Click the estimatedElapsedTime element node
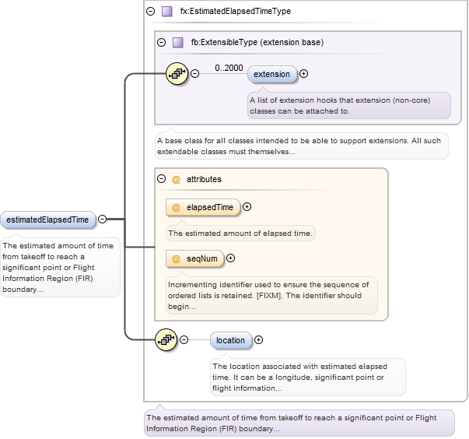[x=47, y=219]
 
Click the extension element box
[x=272, y=74]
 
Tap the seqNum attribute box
[x=194, y=258]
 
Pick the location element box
[x=230, y=340]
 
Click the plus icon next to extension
[x=303, y=74]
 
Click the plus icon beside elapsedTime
[x=247, y=207]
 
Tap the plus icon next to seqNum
[x=230, y=258]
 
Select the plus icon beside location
[x=259, y=340]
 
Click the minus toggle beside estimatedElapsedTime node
[x=103, y=219]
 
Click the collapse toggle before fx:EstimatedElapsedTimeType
[x=150, y=12]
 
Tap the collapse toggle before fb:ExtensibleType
[x=161, y=43]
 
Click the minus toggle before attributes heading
[x=161, y=179]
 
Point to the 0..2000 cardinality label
[x=229, y=68]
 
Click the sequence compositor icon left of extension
[x=177, y=74]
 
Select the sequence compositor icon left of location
[x=166, y=340]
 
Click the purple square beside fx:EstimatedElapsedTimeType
[x=166, y=12]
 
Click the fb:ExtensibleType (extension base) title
[x=257, y=43]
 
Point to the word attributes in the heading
[x=204, y=179]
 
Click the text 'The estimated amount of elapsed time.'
[x=240, y=233]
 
